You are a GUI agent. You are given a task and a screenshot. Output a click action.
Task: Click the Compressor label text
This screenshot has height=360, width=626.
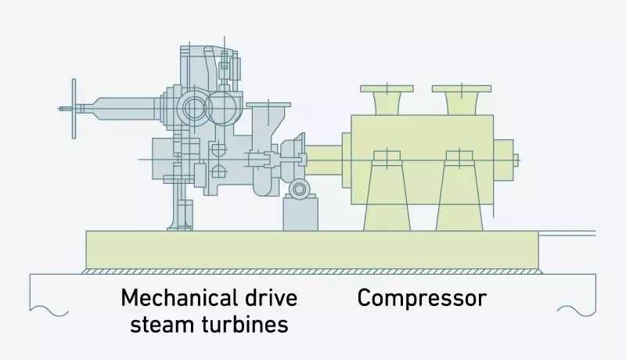[422, 298]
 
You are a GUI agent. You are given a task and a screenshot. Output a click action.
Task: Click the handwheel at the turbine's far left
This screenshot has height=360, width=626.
[74, 108]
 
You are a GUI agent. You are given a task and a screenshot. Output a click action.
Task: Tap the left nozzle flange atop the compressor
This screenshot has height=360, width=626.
[387, 88]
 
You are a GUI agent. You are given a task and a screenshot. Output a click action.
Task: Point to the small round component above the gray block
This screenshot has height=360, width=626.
[299, 189]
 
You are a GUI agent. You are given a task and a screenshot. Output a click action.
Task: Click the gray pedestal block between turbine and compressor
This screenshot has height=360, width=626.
[300, 214]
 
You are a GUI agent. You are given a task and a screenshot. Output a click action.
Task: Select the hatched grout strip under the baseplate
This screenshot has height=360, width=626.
[313, 272]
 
